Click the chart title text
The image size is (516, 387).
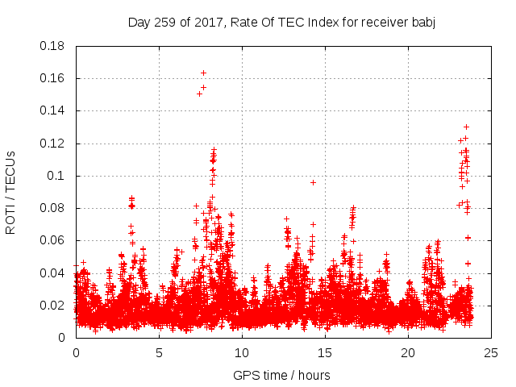(281, 22)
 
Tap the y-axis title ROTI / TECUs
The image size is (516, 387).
(10, 192)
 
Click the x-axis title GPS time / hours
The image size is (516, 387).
(281, 375)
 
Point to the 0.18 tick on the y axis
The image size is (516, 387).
(53, 46)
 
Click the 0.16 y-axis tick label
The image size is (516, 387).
(53, 78)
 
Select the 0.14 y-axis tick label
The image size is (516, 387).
(53, 110)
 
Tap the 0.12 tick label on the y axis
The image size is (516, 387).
(53, 144)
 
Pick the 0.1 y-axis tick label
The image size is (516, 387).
(59, 176)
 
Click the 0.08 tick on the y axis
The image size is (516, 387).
(53, 208)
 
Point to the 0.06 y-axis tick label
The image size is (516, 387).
(53, 240)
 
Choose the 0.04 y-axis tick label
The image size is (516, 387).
(53, 273)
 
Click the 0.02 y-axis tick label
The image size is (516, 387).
(53, 305)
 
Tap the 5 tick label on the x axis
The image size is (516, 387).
(159, 352)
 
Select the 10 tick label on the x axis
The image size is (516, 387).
(242, 352)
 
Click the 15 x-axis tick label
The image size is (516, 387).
(325, 352)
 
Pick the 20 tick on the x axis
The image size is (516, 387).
(408, 352)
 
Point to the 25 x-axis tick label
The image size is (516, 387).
(491, 352)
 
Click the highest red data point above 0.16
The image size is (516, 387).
(203, 73)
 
